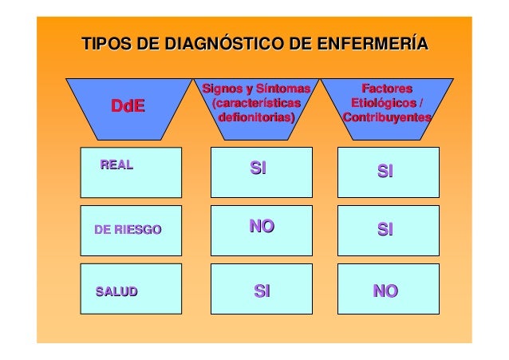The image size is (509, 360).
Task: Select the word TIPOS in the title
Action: coord(106,43)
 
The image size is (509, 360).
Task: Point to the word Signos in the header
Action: coord(223,87)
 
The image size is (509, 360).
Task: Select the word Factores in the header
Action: coord(387,87)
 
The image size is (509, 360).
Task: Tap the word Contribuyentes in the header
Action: coord(387,117)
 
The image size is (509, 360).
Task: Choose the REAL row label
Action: coord(116,165)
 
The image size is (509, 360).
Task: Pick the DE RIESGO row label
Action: coord(128,230)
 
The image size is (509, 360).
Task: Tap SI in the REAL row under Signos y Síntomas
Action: coord(258,168)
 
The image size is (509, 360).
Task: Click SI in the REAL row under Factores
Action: coord(385,171)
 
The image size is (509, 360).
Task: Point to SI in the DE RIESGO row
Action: coord(385,230)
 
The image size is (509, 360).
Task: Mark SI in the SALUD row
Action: coord(262,292)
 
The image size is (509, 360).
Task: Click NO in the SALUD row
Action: coord(385,292)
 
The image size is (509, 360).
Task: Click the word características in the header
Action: coord(256,102)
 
